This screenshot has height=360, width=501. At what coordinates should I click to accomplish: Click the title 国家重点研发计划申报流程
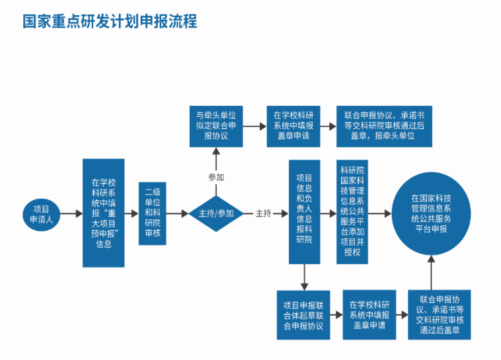coord(110,22)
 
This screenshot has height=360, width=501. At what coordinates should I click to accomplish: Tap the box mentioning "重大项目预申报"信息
coord(104,213)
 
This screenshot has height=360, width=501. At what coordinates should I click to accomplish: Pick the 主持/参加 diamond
coord(216,213)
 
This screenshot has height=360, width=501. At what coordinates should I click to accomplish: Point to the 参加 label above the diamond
coord(216,177)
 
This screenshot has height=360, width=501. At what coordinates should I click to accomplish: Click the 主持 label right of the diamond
coord(263,213)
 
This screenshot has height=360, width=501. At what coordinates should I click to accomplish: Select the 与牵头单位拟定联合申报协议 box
coord(216,126)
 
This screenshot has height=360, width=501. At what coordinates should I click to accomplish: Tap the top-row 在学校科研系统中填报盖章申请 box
coord(294,126)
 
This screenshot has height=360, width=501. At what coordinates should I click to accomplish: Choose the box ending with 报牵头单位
coord(384,126)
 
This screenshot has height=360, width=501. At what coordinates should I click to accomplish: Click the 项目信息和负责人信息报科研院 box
coord(304,211)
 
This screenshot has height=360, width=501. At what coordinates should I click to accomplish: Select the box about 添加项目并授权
coord(352,211)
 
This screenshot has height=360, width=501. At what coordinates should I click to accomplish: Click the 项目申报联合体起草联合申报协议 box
coord(303,315)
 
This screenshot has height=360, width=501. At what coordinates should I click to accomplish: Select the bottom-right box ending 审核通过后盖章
coord(440,315)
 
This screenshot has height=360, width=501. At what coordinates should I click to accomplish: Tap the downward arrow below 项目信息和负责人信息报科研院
coord(304,277)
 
